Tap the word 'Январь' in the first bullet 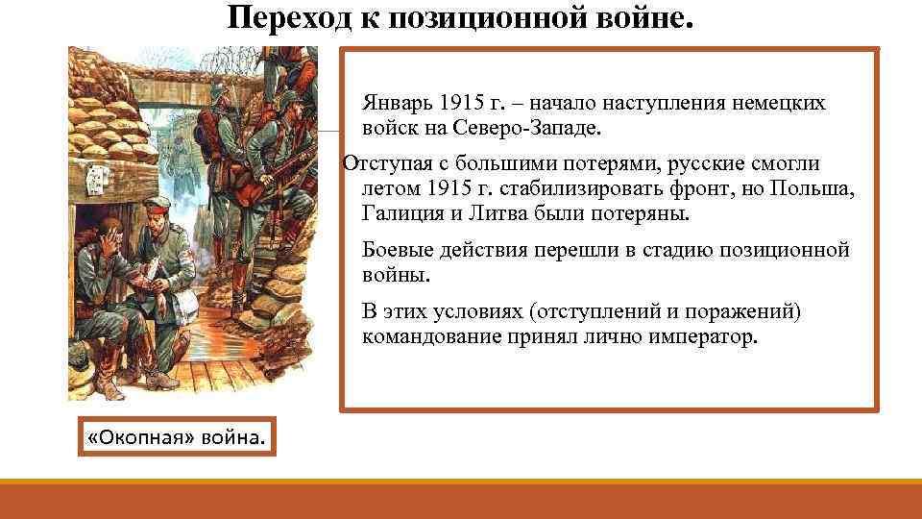tap(396, 103)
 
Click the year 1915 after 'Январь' tap(461, 103)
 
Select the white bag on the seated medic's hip tap(185, 300)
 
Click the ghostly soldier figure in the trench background tap(179, 153)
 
